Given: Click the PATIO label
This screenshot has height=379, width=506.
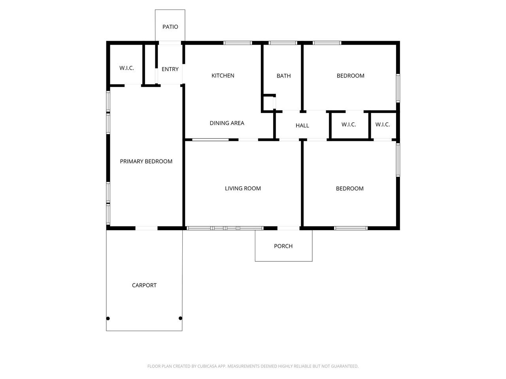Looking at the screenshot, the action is click(170, 27).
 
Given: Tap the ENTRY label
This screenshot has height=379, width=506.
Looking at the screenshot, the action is click(170, 69).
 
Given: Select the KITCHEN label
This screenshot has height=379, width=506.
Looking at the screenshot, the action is click(223, 76).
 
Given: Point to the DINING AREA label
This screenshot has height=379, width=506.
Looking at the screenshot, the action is click(227, 123).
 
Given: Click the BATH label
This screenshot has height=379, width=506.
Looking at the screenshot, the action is click(283, 76).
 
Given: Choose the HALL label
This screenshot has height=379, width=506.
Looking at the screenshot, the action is click(302, 126).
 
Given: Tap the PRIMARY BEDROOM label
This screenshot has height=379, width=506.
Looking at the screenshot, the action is click(146, 161).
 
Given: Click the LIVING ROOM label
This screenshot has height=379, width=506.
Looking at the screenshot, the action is click(243, 188).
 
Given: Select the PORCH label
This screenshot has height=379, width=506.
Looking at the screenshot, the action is click(283, 246).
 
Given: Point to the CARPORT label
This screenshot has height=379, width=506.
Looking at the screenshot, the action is click(144, 285).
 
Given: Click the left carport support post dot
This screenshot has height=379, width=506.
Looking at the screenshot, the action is click(108, 319).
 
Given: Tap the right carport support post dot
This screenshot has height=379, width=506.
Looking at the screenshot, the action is click(180, 318).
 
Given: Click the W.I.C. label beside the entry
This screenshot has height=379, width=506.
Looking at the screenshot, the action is click(126, 68).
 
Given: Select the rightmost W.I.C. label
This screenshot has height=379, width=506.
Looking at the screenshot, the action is click(382, 125).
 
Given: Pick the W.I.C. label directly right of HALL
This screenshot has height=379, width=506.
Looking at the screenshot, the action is click(349, 125).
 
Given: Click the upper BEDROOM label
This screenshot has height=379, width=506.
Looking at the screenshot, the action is click(350, 76).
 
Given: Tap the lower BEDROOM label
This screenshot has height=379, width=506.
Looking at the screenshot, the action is click(350, 189).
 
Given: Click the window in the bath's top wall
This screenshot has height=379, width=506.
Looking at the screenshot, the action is click(283, 43).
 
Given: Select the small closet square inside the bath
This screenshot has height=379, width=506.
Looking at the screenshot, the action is click(268, 103).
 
